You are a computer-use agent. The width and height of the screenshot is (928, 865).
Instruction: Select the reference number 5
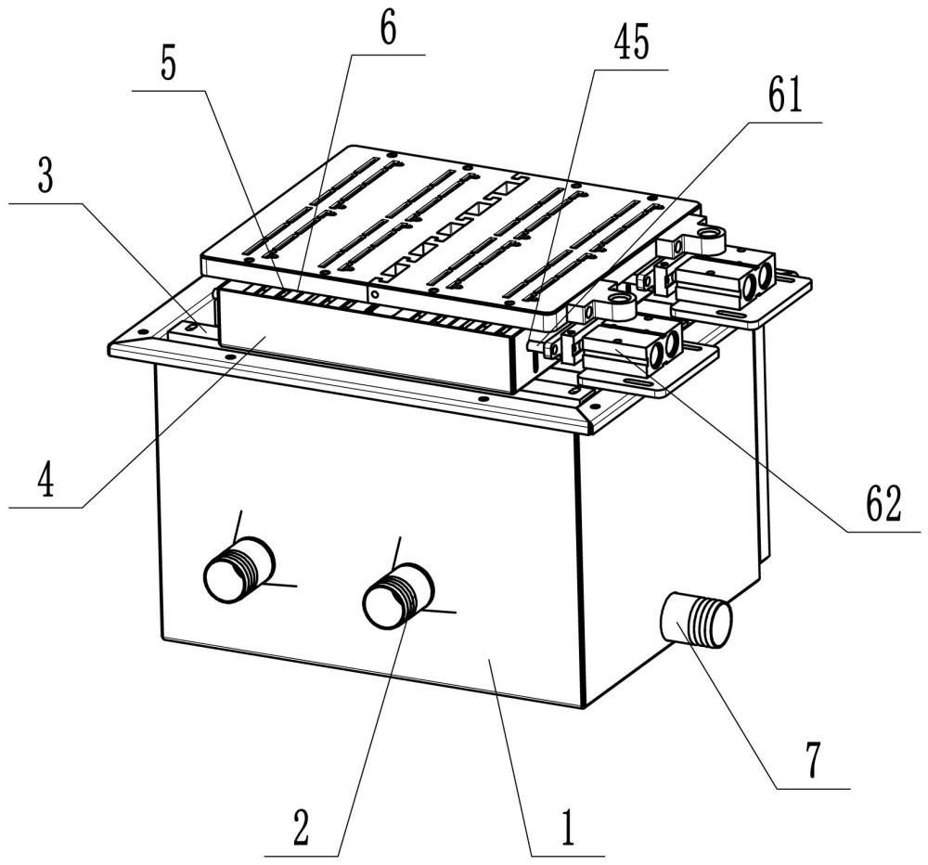click(x=169, y=65)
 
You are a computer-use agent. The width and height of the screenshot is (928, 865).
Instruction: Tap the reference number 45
click(x=631, y=43)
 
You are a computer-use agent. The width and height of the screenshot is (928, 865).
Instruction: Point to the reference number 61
click(x=785, y=96)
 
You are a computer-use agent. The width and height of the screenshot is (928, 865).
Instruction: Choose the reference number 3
click(x=45, y=176)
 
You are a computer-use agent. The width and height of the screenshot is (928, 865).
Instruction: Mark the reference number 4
click(x=45, y=480)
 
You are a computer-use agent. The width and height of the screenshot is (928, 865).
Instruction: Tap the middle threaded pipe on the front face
click(x=398, y=596)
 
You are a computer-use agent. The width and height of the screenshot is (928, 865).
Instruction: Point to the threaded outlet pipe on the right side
click(x=696, y=621)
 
